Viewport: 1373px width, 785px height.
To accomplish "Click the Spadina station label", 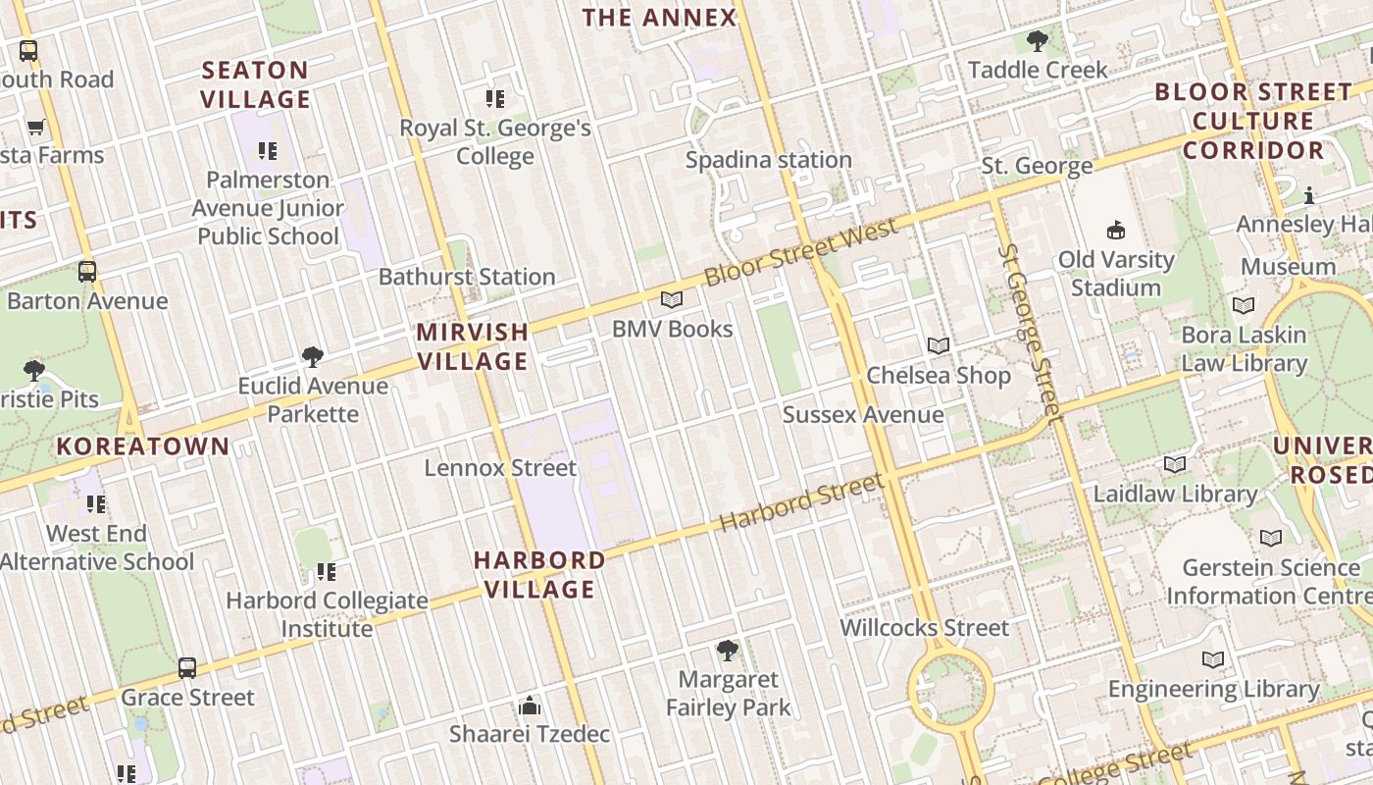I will tap(768, 160).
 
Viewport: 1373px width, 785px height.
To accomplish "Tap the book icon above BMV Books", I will tap(671, 300).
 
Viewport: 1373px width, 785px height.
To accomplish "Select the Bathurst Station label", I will tap(467, 277).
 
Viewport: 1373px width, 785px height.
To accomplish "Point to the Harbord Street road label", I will tap(801, 503).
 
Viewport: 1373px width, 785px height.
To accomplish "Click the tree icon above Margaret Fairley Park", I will tap(727, 650).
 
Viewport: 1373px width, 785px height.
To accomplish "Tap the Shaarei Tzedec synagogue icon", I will tap(530, 706).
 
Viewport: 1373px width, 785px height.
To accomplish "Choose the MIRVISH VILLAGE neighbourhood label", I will tap(473, 346).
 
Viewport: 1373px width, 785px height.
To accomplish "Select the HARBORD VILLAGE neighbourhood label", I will tap(539, 574).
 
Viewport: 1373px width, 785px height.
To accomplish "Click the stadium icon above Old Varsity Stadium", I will tap(1115, 231).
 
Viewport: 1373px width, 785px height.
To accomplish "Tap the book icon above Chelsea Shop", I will tap(939, 345).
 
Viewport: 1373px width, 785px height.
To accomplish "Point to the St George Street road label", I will tap(1031, 332).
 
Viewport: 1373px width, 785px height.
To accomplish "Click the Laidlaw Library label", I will tap(1175, 494).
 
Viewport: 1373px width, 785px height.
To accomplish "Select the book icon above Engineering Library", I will tap(1213, 659).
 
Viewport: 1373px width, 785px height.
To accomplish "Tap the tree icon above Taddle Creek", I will tap(1037, 41).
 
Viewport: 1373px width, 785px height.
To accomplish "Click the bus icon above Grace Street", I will tap(187, 668).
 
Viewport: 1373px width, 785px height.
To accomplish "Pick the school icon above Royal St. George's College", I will tap(495, 98).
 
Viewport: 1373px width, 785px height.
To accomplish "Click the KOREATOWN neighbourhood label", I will tap(143, 446).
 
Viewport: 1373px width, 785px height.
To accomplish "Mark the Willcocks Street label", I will tap(924, 628).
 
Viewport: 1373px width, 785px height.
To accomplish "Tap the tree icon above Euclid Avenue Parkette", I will tap(313, 356).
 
